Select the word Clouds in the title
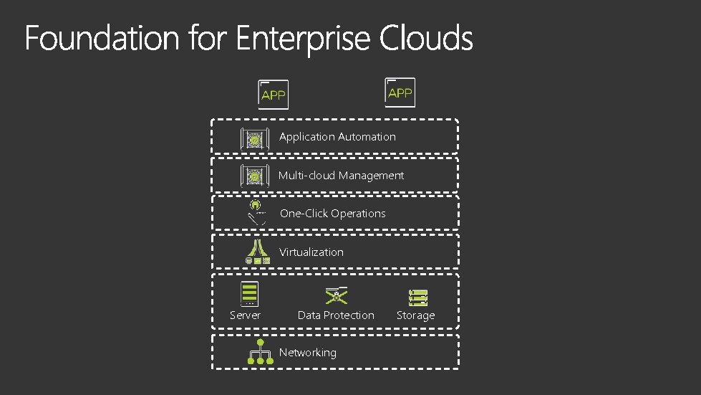[x=426, y=38]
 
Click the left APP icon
[x=274, y=94]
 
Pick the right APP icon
[x=400, y=92]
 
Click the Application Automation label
[x=337, y=136]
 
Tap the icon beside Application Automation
[x=253, y=138]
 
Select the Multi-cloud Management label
[x=341, y=175]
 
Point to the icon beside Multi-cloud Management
[x=253, y=176]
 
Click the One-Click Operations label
[x=332, y=213]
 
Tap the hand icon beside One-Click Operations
[x=257, y=212]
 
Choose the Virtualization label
[x=311, y=252]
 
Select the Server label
[x=245, y=315]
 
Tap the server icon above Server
[x=249, y=294]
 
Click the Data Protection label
[x=336, y=315]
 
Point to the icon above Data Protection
[x=337, y=295]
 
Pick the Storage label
[x=415, y=315]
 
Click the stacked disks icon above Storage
[x=418, y=297]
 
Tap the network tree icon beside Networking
[x=260, y=353]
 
